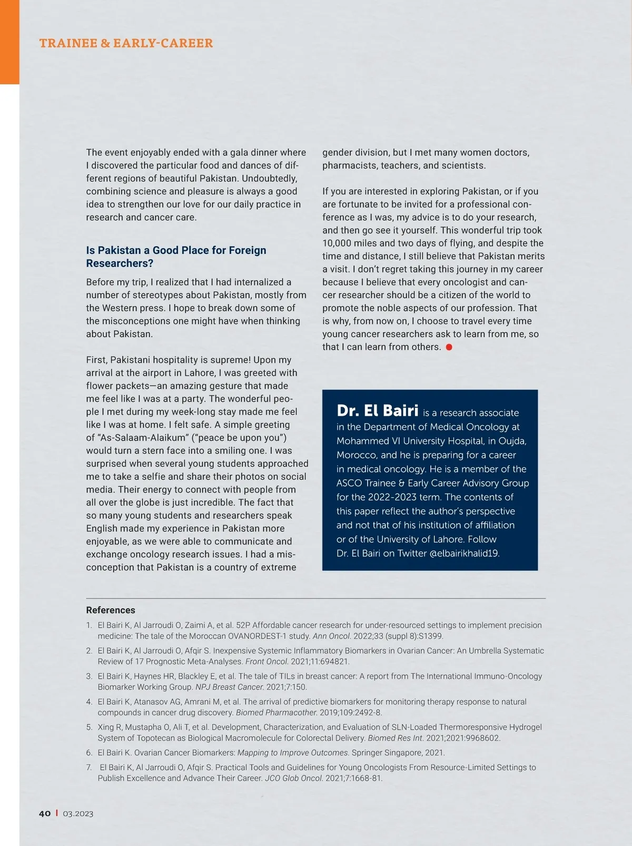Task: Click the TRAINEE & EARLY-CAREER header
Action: point(126,43)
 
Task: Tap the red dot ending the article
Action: point(449,347)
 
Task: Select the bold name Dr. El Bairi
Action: point(378,411)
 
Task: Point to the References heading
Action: point(111,610)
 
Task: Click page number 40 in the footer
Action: point(45,813)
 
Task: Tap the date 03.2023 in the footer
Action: point(78,813)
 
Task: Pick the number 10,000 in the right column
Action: point(340,243)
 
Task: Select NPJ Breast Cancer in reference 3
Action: point(230,687)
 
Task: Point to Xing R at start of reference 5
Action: point(110,727)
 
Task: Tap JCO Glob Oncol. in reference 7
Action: point(294,778)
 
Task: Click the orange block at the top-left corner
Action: point(9,42)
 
